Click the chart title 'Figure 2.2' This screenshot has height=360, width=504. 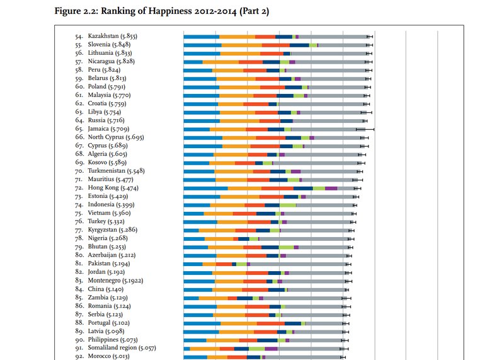[76, 11]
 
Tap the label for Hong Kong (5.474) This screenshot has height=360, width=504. [113, 187]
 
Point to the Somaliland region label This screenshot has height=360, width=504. [122, 348]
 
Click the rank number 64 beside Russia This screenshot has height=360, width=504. [79, 120]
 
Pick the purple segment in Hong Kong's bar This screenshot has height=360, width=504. [331, 189]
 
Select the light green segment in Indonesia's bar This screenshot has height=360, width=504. [288, 206]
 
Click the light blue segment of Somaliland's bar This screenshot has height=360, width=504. [186, 349]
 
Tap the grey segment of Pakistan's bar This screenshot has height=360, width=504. [298, 264]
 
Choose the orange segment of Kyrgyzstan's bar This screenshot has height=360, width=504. [217, 230]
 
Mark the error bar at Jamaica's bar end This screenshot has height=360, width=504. [365, 129]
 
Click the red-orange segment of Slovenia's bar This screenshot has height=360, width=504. [275, 45]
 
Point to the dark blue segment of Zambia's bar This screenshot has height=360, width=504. [244, 298]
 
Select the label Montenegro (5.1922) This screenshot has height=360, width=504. [115, 281]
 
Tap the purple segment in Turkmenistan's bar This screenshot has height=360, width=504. [295, 171]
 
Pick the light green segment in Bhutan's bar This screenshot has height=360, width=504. [286, 247]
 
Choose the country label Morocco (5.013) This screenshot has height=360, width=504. [108, 356]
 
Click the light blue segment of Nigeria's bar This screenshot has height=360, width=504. [194, 239]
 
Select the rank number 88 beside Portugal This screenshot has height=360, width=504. [79, 323]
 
